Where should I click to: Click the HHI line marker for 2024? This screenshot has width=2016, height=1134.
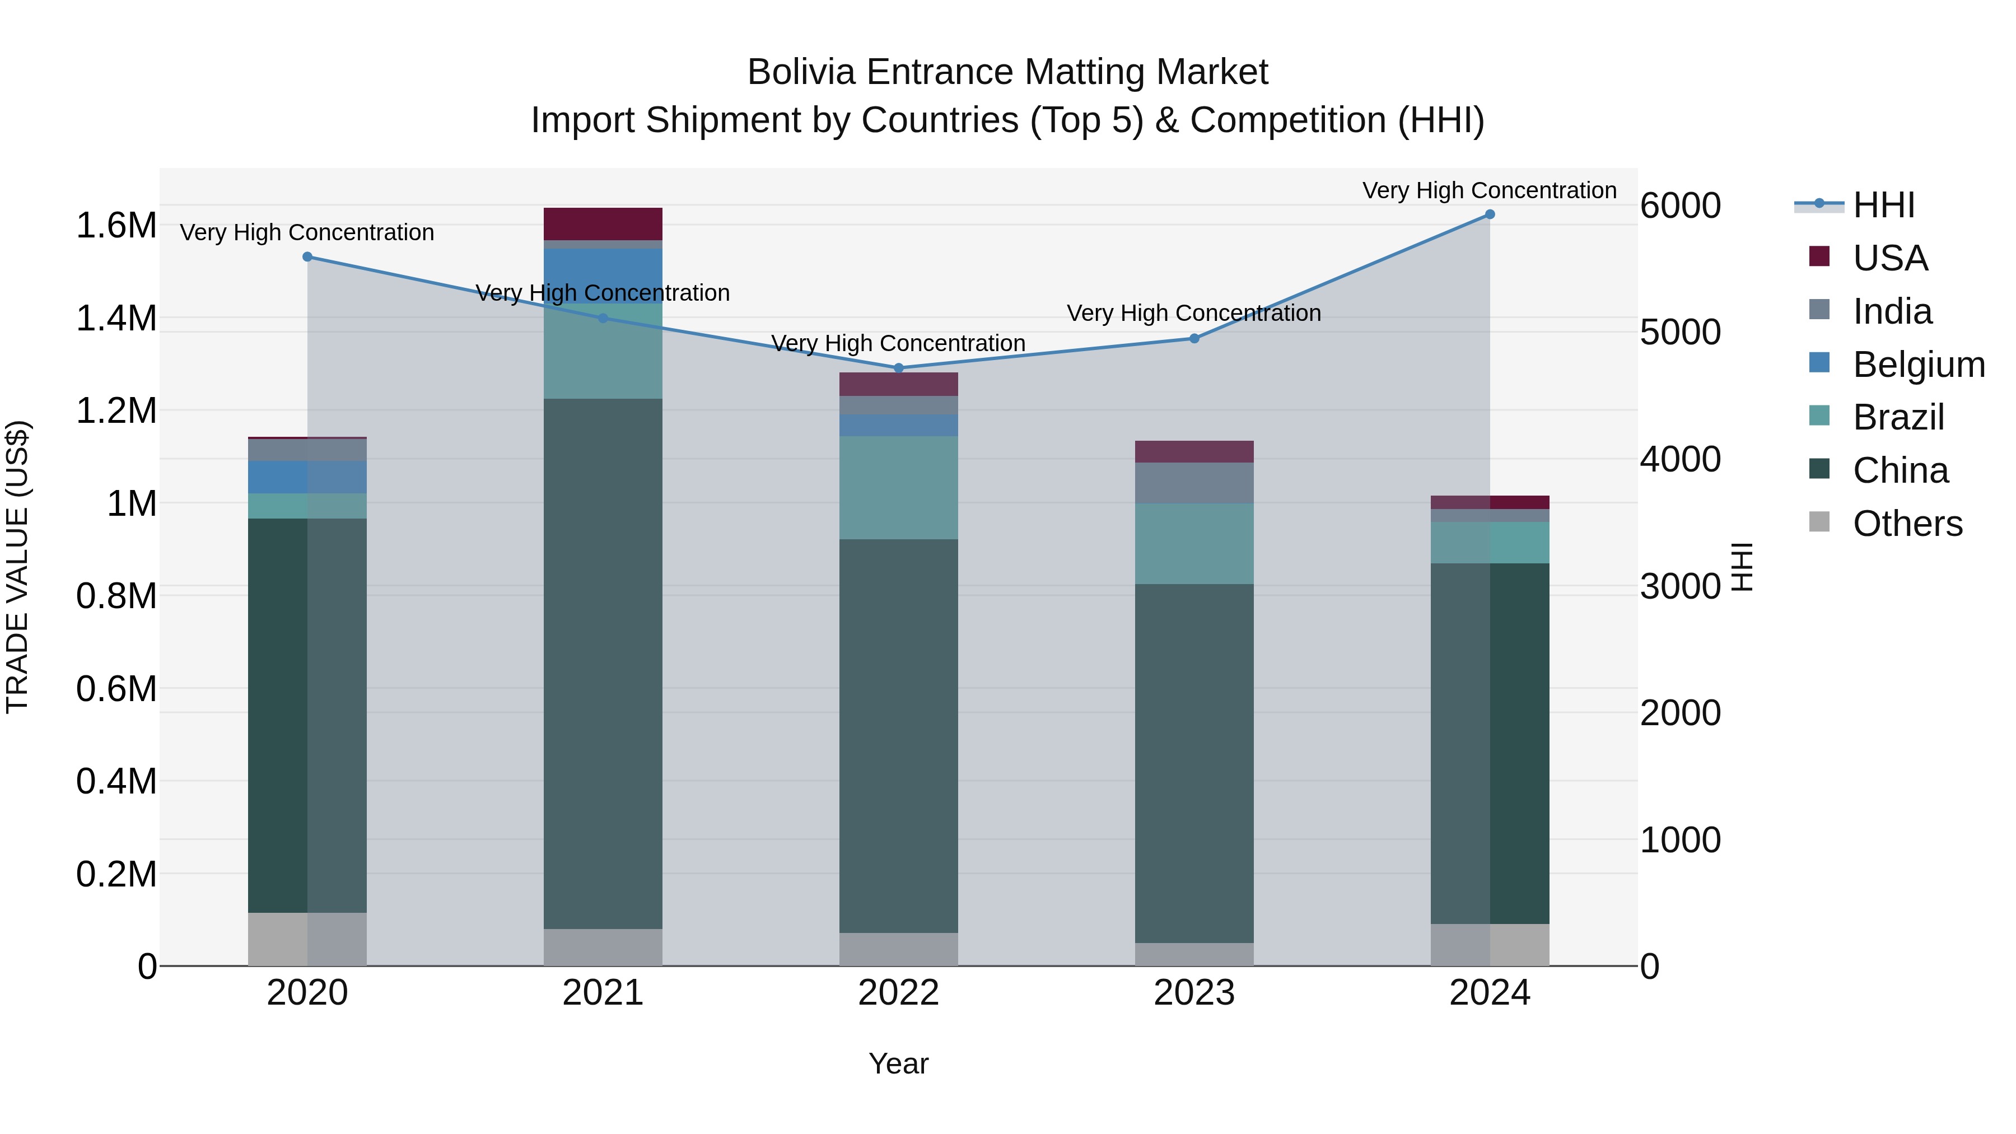1489,214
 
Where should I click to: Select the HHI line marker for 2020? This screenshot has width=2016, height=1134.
307,256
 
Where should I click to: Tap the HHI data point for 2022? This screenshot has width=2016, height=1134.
898,368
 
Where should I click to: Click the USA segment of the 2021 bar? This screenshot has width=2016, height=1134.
603,224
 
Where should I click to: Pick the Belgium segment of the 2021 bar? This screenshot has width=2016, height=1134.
603,274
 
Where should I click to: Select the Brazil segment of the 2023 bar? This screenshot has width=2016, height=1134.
1194,543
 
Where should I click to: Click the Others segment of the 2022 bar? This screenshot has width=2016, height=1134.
898,949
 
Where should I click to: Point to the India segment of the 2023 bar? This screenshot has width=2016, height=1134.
1194,483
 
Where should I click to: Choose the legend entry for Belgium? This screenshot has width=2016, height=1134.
1918,365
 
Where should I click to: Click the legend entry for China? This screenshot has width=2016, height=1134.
1900,470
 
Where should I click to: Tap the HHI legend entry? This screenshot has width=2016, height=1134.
1883,205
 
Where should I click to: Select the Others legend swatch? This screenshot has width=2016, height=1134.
1819,522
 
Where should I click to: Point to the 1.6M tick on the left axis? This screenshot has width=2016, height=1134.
116,225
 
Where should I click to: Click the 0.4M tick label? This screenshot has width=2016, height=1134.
116,781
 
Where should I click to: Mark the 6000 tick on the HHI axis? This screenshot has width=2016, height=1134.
1680,206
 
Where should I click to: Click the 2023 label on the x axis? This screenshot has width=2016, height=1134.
1194,993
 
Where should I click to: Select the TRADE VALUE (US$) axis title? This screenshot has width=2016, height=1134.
17,567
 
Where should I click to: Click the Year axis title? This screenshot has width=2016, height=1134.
898,1063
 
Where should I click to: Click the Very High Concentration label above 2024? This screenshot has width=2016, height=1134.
1489,190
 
